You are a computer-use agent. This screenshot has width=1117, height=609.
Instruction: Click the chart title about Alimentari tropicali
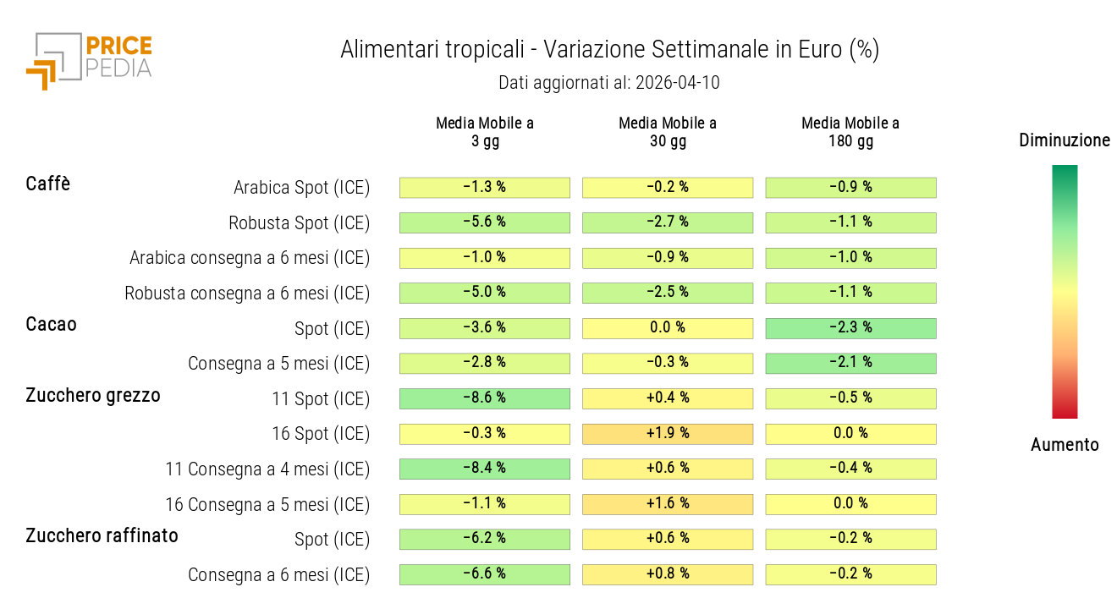609,50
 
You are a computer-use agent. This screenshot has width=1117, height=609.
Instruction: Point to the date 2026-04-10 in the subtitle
674,83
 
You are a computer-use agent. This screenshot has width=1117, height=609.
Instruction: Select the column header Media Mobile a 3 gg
485,132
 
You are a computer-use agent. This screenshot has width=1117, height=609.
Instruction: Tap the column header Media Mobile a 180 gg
850,132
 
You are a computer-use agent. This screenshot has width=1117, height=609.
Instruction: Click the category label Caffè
48,184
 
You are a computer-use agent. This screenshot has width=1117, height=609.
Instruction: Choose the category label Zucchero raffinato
102,535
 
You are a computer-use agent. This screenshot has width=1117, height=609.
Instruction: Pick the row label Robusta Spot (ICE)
300,223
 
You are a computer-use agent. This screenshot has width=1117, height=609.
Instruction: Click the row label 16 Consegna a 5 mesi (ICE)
267,505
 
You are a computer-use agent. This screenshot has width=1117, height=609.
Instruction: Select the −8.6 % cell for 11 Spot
485,398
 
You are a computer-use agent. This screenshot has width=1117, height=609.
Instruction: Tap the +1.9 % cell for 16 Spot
668,434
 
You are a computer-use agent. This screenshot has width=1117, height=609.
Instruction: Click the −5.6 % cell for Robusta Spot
485,222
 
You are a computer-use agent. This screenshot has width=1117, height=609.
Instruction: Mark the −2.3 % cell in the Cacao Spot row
850,328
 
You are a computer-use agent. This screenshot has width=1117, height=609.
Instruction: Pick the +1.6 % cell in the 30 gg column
668,504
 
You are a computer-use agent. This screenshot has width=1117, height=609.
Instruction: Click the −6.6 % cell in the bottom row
485,574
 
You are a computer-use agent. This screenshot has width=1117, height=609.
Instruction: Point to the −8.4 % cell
485,469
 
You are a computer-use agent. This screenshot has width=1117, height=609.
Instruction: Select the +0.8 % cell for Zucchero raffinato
668,574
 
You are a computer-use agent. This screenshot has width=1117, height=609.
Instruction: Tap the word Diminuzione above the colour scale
1065,140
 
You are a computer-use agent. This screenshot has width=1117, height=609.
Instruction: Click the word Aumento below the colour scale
1065,445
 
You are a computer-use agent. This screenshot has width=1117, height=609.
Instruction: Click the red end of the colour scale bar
1065,412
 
